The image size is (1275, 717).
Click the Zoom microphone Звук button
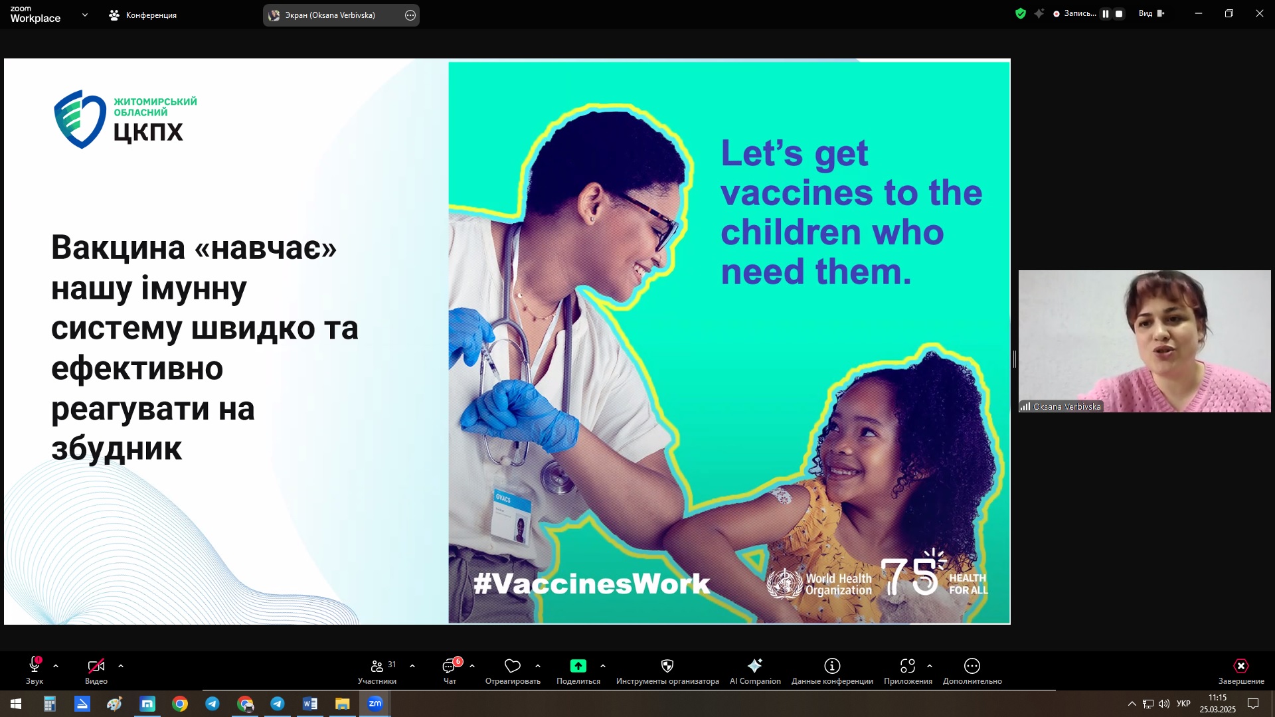(x=35, y=670)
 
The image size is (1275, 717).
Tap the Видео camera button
(x=96, y=670)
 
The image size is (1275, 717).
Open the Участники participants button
(x=377, y=670)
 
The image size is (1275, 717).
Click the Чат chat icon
(x=450, y=666)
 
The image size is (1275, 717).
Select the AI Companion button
(x=755, y=670)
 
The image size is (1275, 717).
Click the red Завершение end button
(x=1241, y=670)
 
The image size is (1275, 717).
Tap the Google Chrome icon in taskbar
(x=180, y=704)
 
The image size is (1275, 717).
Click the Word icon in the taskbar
(x=310, y=704)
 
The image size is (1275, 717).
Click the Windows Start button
(x=16, y=704)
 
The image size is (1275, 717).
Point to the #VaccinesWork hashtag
(x=592, y=584)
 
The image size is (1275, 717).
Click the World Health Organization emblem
(x=784, y=584)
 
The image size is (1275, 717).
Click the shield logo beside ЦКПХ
(x=80, y=119)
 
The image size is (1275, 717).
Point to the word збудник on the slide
(x=116, y=449)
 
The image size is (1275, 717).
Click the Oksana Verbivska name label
(x=1067, y=407)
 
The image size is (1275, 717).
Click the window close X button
(x=1260, y=13)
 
